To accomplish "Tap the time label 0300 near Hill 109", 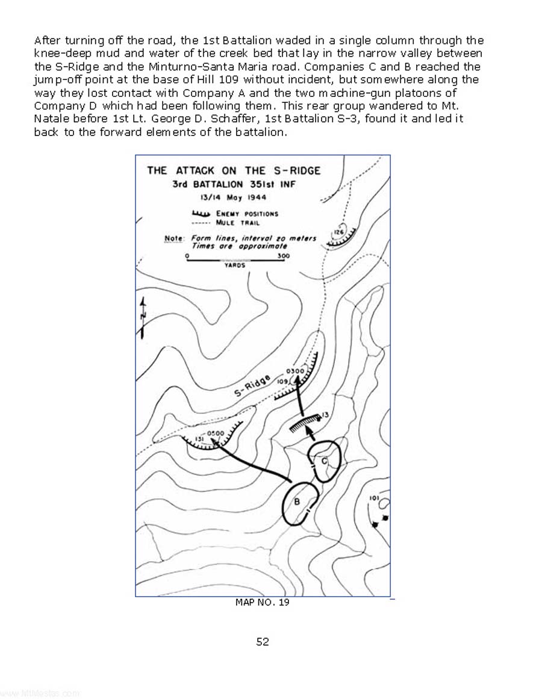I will pos(296,371).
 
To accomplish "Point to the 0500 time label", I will pos(215,433).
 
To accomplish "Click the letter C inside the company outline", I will pos(323,461).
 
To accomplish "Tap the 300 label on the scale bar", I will pos(284,256).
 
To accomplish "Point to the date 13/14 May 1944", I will pos(233,197).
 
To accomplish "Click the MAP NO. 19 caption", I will pos(262,602).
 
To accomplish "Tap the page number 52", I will pos(263,642).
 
